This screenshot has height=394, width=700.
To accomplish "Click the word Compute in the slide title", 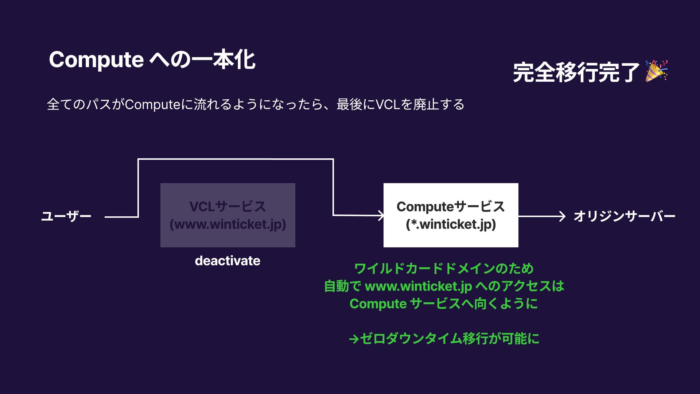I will coord(96,60).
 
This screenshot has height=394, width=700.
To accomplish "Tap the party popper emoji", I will coord(656,71).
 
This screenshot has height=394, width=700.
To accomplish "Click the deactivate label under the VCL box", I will coord(227,261).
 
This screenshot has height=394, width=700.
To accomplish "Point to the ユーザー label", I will coord(66,216).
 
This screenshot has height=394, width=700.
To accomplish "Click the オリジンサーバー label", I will coord(624,216).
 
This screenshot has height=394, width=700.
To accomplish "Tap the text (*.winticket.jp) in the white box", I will coord(451,224).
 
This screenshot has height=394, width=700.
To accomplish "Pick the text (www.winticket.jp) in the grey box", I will coord(227,224).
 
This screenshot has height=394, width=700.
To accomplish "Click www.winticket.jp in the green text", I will coord(418,286).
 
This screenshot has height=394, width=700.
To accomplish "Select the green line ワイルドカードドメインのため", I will coord(444,269).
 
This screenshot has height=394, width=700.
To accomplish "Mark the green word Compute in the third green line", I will coord(378,304).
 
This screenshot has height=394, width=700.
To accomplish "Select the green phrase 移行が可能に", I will coord(501,339).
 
